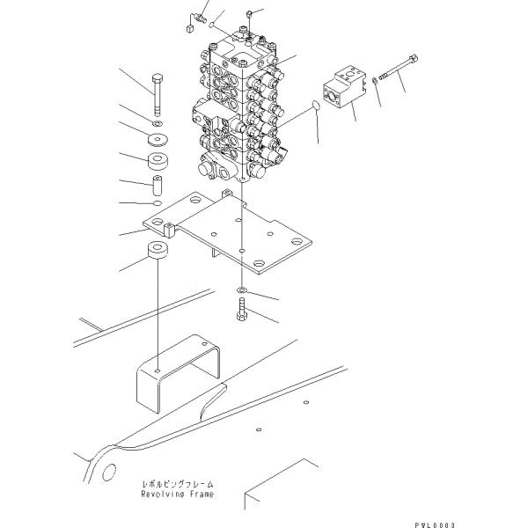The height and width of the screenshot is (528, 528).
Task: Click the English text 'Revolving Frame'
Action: tap(178, 495)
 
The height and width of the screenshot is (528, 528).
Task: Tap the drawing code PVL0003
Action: tap(435, 525)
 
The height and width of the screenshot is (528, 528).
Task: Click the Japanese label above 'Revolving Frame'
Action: tap(178, 485)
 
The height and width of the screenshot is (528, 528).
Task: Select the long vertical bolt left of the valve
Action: tap(158, 95)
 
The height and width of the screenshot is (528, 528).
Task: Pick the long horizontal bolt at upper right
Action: tap(399, 68)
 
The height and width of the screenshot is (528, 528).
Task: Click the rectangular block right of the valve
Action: tap(344, 87)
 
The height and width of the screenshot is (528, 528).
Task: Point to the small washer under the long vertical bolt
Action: tap(158, 124)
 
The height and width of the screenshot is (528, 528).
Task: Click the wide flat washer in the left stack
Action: tap(158, 139)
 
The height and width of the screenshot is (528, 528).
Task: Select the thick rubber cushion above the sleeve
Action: tap(158, 162)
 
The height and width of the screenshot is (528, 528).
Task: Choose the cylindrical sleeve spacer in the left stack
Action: tap(158, 185)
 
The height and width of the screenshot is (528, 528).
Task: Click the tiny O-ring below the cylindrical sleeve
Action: tap(158, 202)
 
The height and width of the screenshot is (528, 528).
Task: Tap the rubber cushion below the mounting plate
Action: tap(158, 251)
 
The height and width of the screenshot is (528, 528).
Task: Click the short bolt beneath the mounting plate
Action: tap(242, 310)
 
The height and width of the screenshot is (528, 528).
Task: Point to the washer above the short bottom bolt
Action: tap(242, 290)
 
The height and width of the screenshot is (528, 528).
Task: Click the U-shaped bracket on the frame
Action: tap(178, 374)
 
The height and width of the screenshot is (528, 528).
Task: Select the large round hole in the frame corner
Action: tap(109, 472)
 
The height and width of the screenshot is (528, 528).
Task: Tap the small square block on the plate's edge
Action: tap(168, 230)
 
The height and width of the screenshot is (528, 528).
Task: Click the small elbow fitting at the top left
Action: tap(196, 21)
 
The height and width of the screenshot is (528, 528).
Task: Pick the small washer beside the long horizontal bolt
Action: tap(375, 81)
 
